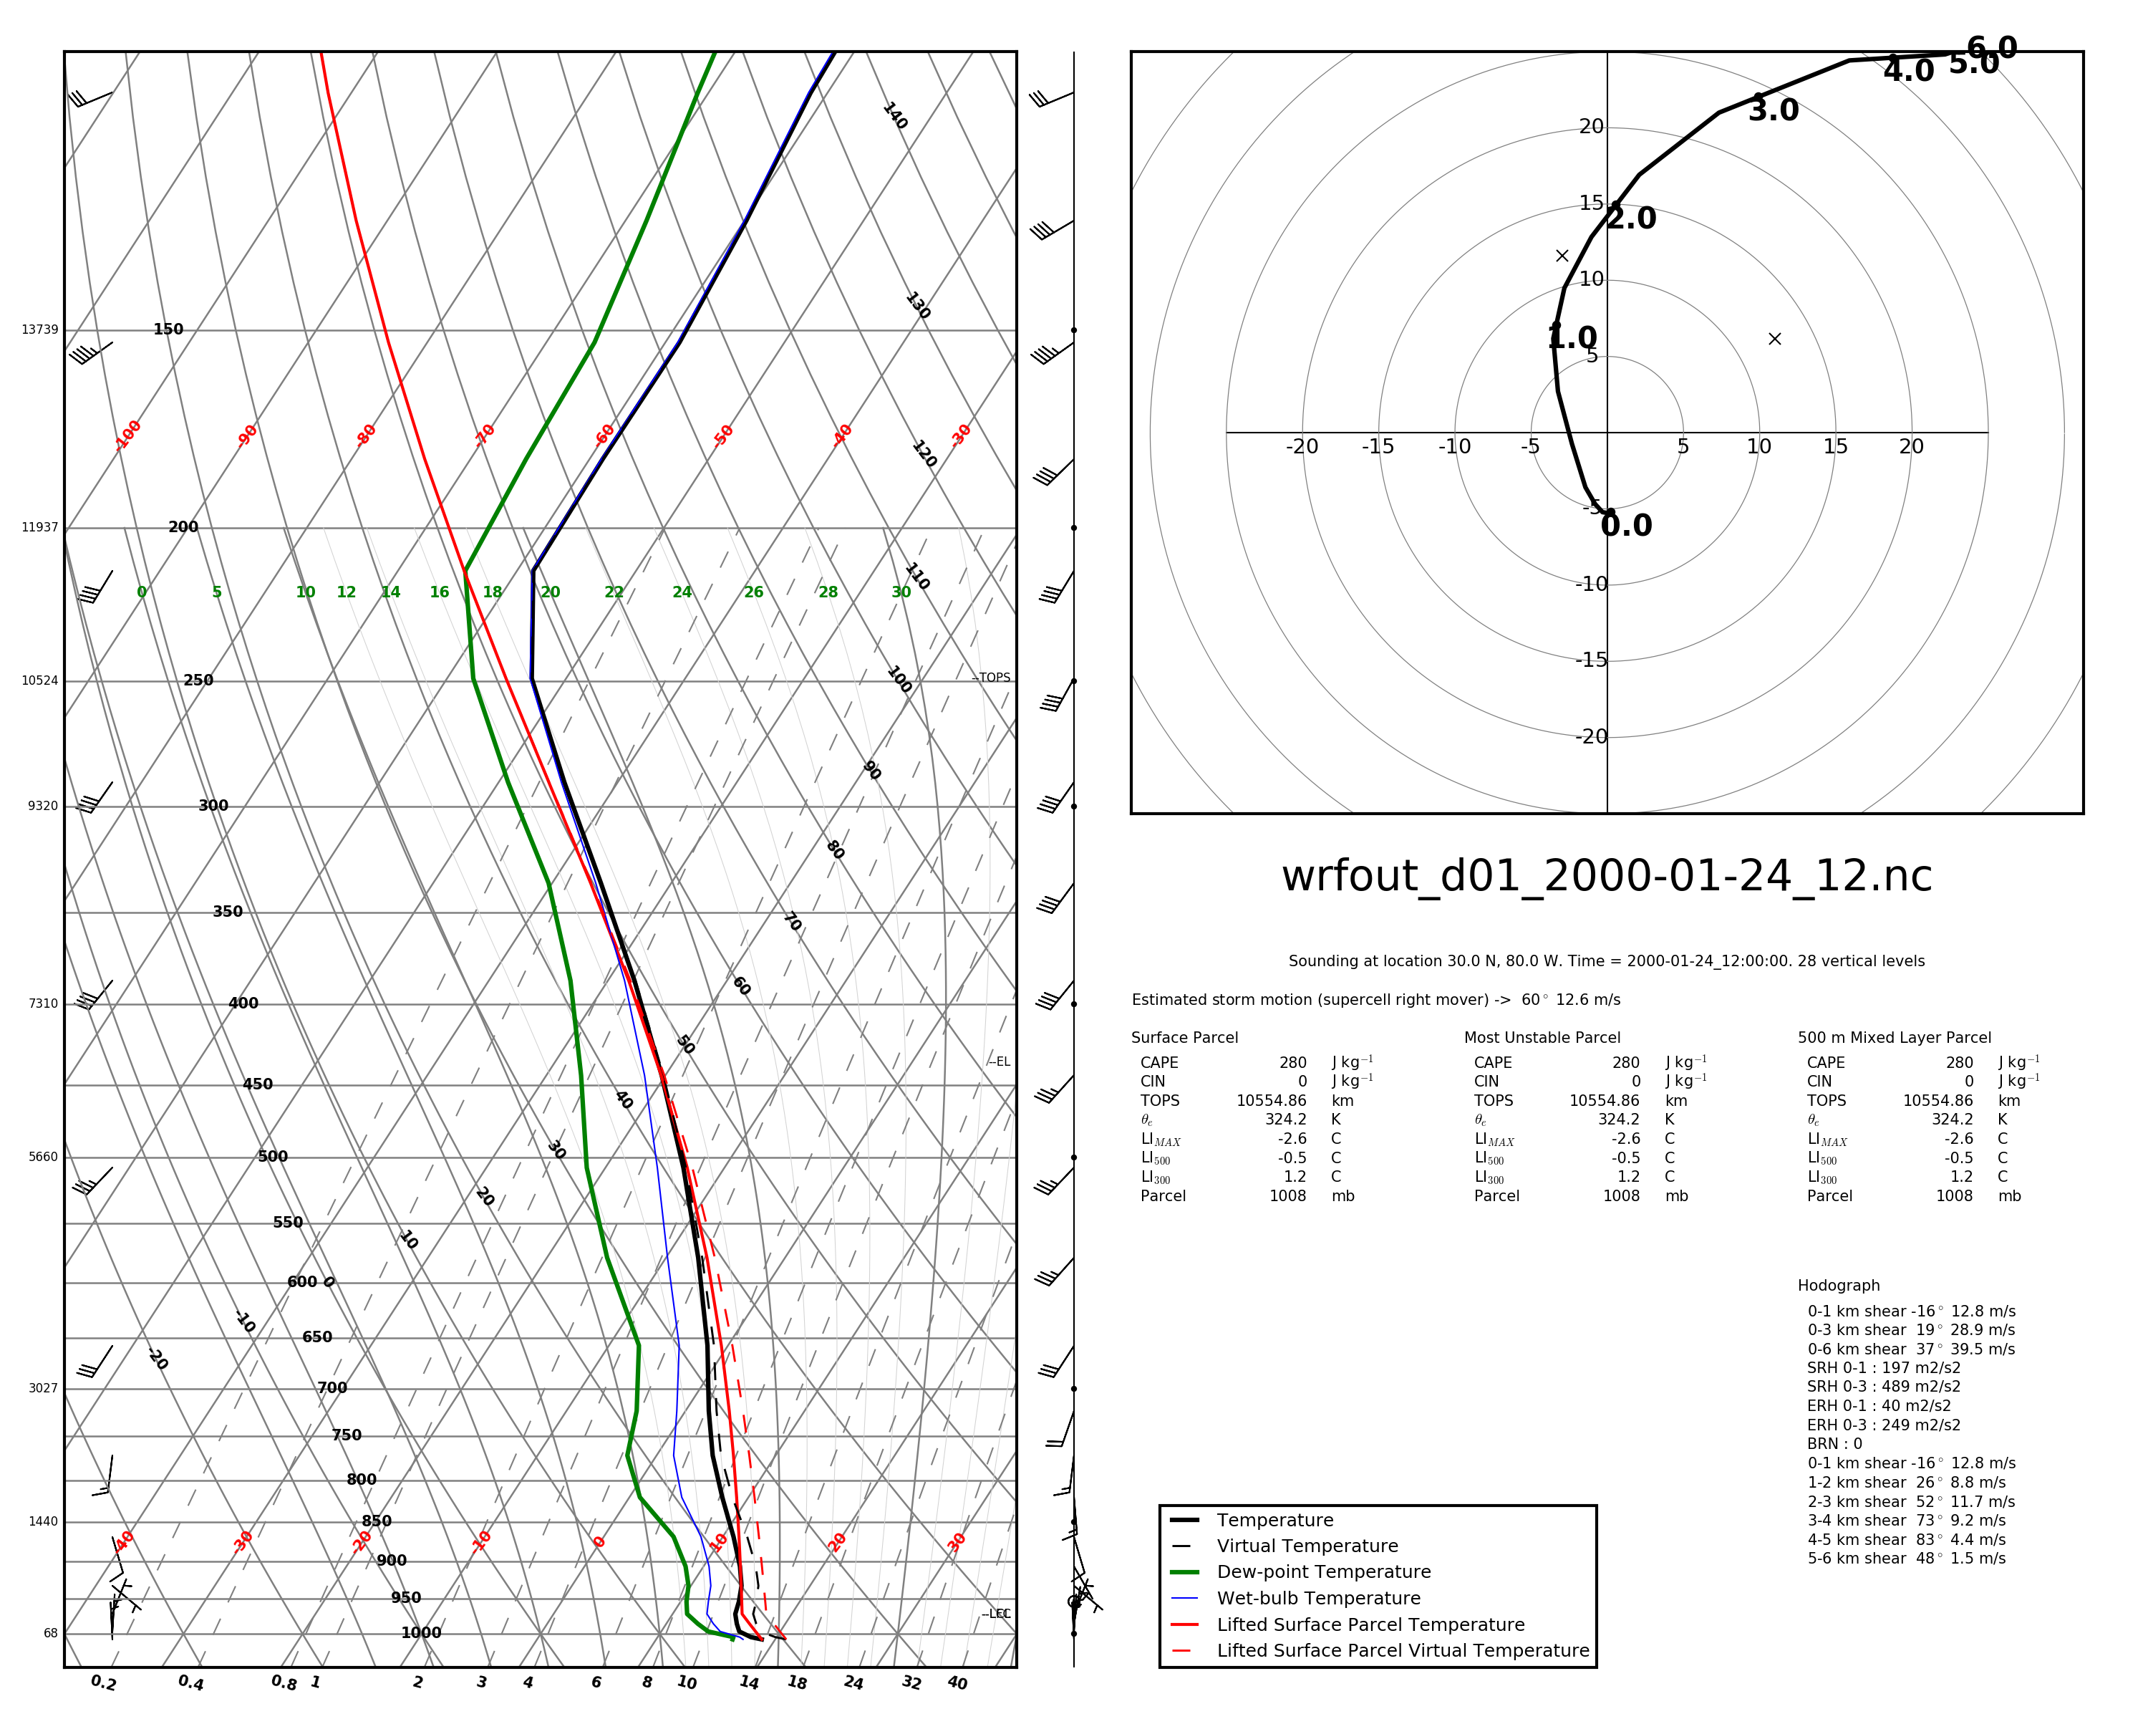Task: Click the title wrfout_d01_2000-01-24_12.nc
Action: click(x=1605, y=877)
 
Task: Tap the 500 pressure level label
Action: click(x=272, y=1157)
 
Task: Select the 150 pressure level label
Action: click(x=168, y=330)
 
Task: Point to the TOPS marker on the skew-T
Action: click(x=993, y=678)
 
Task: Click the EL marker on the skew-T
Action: click(x=1000, y=1062)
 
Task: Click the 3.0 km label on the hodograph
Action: click(x=1774, y=110)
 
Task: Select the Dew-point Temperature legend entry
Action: click(x=1323, y=1572)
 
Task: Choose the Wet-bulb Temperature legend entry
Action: click(x=1318, y=1599)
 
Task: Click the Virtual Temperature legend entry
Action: click(x=1307, y=1546)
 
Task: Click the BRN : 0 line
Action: click(x=1834, y=1444)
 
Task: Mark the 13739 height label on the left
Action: click(x=40, y=330)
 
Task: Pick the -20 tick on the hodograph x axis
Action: click(x=1301, y=446)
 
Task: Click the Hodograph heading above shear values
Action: click(x=1838, y=1286)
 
